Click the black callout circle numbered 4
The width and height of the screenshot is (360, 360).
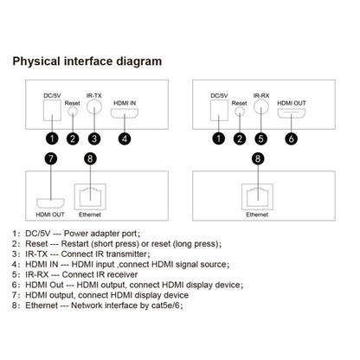coord(125,138)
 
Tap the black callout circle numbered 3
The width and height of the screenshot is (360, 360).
coord(94,138)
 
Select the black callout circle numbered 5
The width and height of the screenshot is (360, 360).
coord(261,138)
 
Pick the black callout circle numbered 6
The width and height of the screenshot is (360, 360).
coord(292,138)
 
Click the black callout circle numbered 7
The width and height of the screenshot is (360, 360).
coord(51,158)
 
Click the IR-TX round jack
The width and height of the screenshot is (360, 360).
coord(94,107)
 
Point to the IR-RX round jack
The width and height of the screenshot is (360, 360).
coord(261,107)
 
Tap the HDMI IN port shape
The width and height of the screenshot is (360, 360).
coord(125,113)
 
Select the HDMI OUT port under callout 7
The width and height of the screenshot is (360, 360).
coord(50,203)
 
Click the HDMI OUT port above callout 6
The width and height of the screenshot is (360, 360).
coord(292,113)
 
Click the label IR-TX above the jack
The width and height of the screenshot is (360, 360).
coord(94,95)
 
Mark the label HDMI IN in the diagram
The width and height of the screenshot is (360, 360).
coord(125,103)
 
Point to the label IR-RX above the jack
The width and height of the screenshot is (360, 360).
coord(261,95)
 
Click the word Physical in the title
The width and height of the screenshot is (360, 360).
coord(36,61)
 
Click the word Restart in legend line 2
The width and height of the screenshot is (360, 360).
coord(74,244)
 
